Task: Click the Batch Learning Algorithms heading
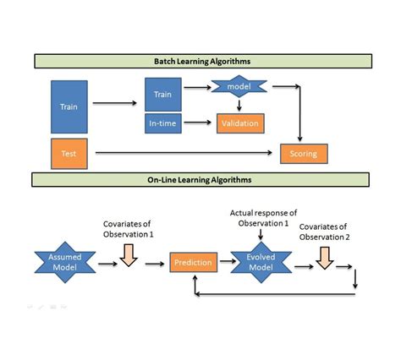click(x=202, y=61)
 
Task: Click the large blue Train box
click(x=69, y=106)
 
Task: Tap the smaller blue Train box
click(x=162, y=95)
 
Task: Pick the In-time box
click(x=162, y=123)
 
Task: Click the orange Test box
click(x=69, y=153)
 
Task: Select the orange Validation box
click(x=240, y=123)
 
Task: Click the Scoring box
click(x=304, y=153)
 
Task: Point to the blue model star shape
click(x=240, y=86)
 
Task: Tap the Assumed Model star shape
click(x=65, y=263)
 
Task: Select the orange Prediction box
click(x=192, y=263)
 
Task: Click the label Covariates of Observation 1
click(x=127, y=229)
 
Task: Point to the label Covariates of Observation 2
click(x=325, y=232)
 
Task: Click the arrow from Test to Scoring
click(x=186, y=153)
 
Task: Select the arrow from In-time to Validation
click(x=199, y=123)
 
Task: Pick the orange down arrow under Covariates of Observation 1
click(x=128, y=254)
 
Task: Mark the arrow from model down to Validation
click(x=240, y=105)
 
